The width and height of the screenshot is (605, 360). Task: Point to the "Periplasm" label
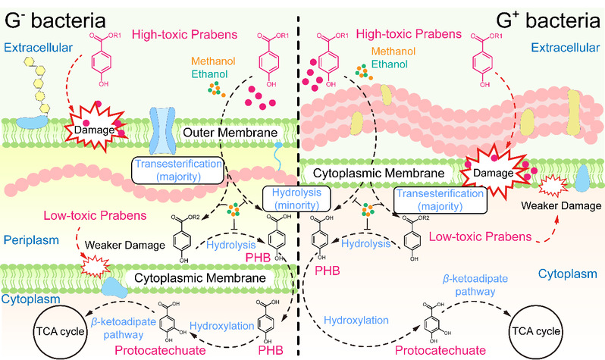click(x=27, y=238)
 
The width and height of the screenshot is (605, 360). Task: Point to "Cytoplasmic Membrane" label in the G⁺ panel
click(x=365, y=172)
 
